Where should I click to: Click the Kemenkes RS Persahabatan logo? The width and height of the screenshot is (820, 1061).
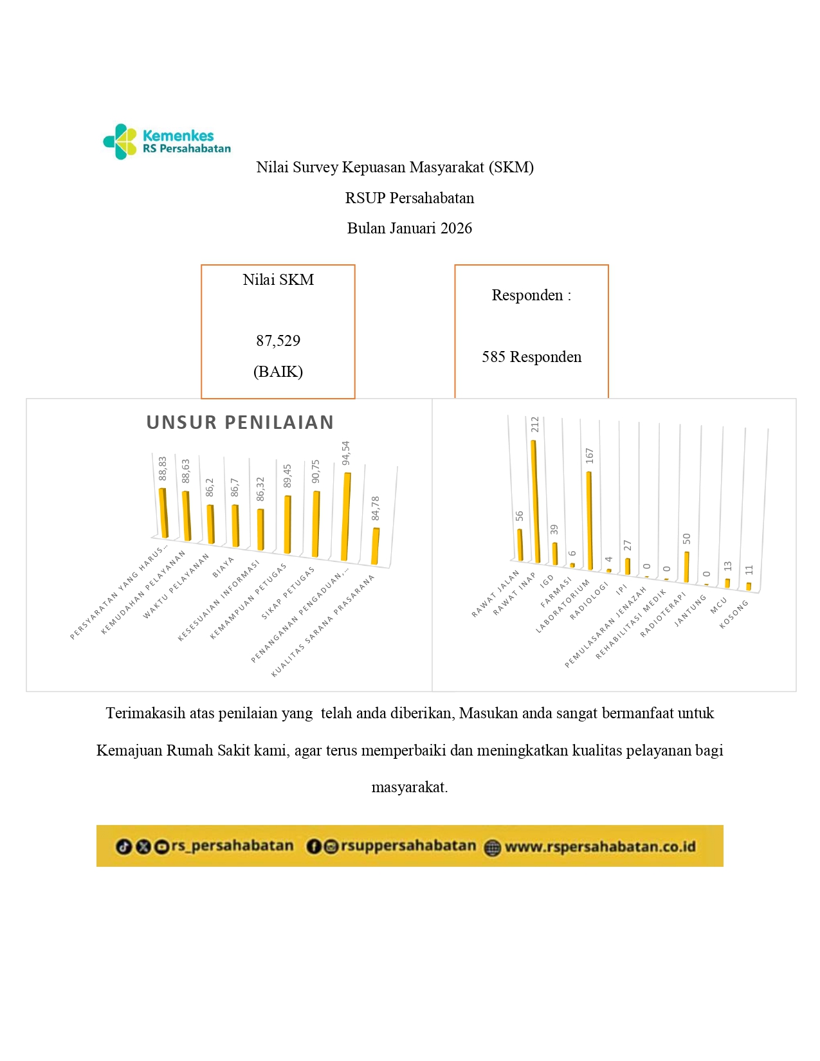(x=167, y=141)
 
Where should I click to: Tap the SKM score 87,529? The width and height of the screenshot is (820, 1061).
(x=278, y=341)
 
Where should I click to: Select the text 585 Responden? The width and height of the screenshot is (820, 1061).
(x=531, y=357)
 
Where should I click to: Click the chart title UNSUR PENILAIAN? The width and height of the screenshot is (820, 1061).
(x=240, y=422)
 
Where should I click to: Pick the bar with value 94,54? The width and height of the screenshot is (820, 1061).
(x=346, y=516)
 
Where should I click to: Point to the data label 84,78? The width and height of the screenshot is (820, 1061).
(x=376, y=509)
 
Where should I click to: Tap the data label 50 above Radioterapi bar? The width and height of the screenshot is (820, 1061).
(x=686, y=538)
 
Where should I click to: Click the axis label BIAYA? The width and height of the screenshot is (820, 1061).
(x=223, y=567)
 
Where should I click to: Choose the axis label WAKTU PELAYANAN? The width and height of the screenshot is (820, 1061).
(x=176, y=586)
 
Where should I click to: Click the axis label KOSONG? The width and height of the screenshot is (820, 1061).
(x=734, y=614)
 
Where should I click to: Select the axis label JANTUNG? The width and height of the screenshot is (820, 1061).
(x=690, y=611)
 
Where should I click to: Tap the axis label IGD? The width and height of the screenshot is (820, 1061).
(x=547, y=581)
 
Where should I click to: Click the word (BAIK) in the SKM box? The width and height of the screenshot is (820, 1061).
(x=278, y=372)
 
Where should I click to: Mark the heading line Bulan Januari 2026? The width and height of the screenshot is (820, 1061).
(x=410, y=228)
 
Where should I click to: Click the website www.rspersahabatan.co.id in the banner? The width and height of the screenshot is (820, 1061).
(x=599, y=847)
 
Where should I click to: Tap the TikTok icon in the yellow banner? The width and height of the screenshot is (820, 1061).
(x=123, y=847)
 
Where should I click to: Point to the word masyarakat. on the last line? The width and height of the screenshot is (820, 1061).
(x=410, y=787)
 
